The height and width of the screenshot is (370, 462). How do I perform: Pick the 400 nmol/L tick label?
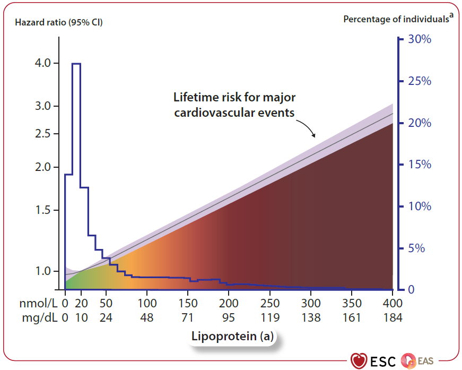pyautogui.click(x=392, y=304)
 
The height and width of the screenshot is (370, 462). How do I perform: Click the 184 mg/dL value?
pyautogui.click(x=392, y=318)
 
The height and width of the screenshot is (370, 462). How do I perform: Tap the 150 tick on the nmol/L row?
pyautogui.click(x=188, y=304)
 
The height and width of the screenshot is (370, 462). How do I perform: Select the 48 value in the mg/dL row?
pyautogui.click(x=147, y=318)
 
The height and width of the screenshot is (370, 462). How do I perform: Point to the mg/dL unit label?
pyautogui.click(x=40, y=318)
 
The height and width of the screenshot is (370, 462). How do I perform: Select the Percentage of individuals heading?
pyautogui.click(x=396, y=19)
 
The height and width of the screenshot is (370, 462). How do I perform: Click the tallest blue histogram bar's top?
pyautogui.click(x=76, y=64)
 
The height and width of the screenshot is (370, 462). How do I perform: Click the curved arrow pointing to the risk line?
pyautogui.click(x=306, y=128)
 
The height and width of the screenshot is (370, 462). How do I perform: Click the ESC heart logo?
pyautogui.click(x=360, y=360)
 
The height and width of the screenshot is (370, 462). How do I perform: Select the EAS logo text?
pyautogui.click(x=425, y=361)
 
